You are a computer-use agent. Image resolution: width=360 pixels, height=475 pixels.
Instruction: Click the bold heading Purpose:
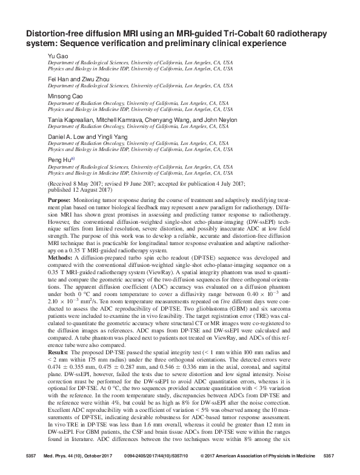coord(62,200)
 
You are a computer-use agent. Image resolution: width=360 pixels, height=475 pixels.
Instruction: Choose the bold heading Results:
coord(60,369)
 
